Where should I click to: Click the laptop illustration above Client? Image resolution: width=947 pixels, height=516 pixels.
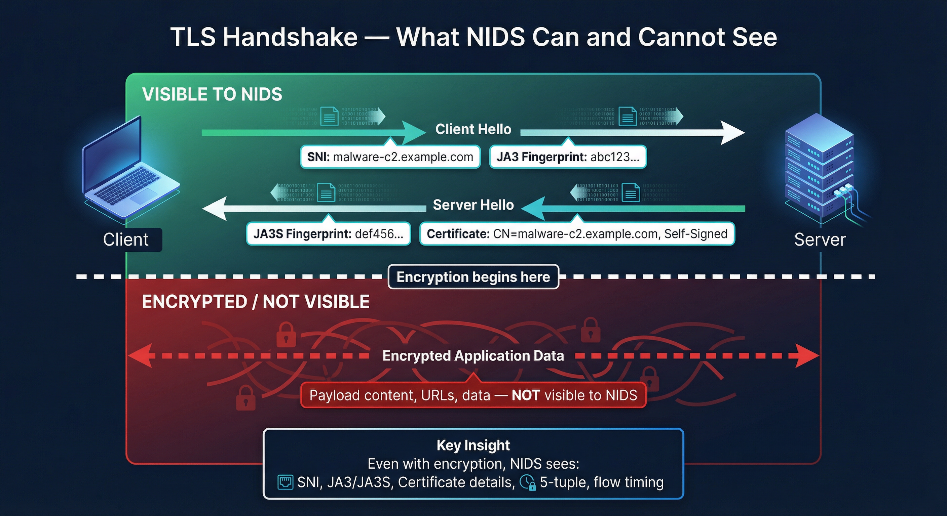tap(129, 169)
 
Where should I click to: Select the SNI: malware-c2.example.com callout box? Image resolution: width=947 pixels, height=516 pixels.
tap(390, 157)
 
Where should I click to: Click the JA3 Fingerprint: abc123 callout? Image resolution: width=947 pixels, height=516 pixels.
tap(568, 157)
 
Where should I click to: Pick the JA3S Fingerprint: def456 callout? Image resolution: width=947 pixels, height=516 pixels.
tap(328, 234)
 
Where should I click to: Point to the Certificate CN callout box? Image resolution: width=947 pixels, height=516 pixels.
tap(577, 234)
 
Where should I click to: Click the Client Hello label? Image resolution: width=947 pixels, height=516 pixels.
tap(473, 129)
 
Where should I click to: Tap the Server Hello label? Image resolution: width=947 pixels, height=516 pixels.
tap(473, 205)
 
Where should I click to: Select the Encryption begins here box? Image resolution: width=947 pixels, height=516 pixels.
tap(473, 277)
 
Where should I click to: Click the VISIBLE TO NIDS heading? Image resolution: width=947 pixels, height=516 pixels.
tap(212, 94)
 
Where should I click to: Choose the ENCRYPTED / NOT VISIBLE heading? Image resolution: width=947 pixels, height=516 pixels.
tap(256, 302)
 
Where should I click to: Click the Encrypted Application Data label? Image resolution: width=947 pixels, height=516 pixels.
tap(473, 355)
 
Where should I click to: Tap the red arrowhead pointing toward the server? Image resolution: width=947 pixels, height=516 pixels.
tap(807, 355)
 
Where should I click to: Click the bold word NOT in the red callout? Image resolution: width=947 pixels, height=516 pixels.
tap(525, 395)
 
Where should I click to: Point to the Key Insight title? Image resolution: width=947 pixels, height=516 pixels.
tap(473, 445)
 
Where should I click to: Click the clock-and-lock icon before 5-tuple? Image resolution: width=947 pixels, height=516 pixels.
tap(528, 483)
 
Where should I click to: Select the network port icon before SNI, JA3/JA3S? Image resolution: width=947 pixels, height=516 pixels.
tap(285, 482)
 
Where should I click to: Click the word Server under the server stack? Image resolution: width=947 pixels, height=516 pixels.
tap(820, 240)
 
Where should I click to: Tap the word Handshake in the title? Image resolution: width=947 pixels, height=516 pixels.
tap(290, 38)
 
